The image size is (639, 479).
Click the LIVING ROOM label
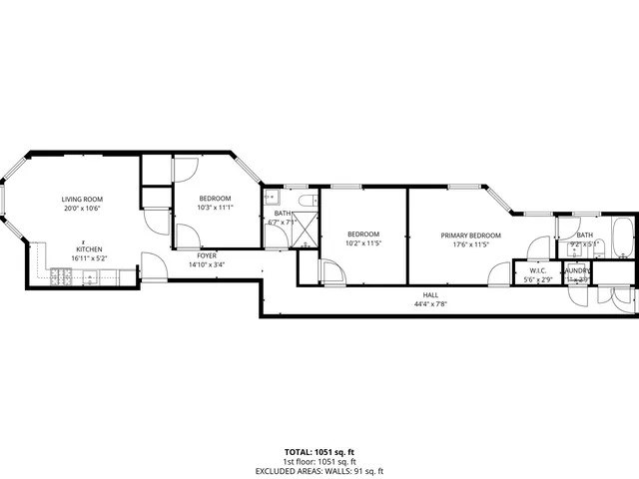click(84, 200)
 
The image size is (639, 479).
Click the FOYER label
click(209, 256)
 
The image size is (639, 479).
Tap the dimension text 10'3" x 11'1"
click(216, 207)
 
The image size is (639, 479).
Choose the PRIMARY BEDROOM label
click(471, 236)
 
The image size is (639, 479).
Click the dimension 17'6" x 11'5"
click(471, 243)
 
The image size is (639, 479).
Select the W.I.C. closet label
click(536, 270)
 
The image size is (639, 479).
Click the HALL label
click(430, 295)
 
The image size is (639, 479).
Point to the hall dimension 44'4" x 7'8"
click(430, 303)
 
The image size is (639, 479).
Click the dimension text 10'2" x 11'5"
click(363, 243)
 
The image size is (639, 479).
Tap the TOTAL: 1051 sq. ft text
click(319, 451)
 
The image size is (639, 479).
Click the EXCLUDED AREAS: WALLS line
click(319, 471)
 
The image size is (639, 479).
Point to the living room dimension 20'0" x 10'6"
click(84, 209)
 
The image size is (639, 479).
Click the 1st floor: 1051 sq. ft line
click(319, 461)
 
